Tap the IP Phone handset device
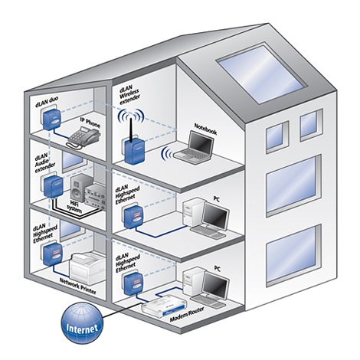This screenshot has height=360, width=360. tap(83, 138)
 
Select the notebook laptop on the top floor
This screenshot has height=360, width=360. tap(195, 148)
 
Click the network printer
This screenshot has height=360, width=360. tap(87, 267)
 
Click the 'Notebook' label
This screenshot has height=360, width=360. tap(205, 129)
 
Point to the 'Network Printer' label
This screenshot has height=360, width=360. tap(78, 286)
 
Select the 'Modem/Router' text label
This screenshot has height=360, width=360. tap(187, 314)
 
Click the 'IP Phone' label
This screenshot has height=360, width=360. tap(90, 123)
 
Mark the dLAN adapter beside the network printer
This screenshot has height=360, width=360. tap(52, 254)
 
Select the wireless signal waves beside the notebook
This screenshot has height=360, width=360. tap(166, 154)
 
